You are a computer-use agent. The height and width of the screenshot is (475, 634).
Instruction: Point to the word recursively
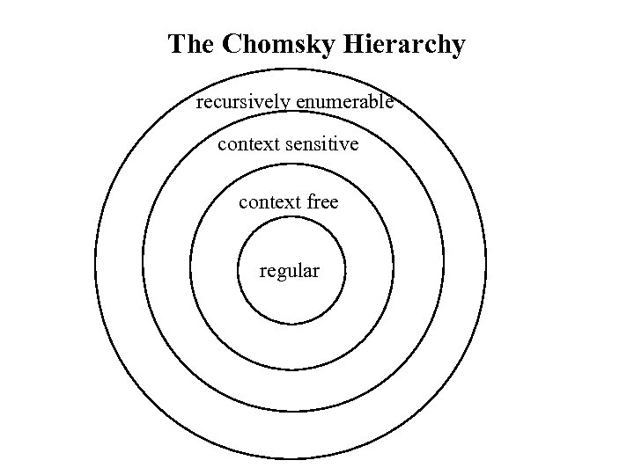click(x=243, y=102)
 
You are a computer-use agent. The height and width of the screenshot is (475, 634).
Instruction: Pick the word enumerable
click(x=344, y=102)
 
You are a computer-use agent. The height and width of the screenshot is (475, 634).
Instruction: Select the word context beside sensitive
click(x=249, y=143)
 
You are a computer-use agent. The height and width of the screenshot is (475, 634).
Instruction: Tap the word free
click(x=323, y=202)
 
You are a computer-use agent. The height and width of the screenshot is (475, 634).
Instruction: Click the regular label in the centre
click(x=290, y=271)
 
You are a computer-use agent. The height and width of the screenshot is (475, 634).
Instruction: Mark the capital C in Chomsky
click(x=232, y=44)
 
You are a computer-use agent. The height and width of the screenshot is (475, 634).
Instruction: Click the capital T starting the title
click(x=177, y=44)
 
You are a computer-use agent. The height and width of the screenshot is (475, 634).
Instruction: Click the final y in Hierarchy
click(x=458, y=47)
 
